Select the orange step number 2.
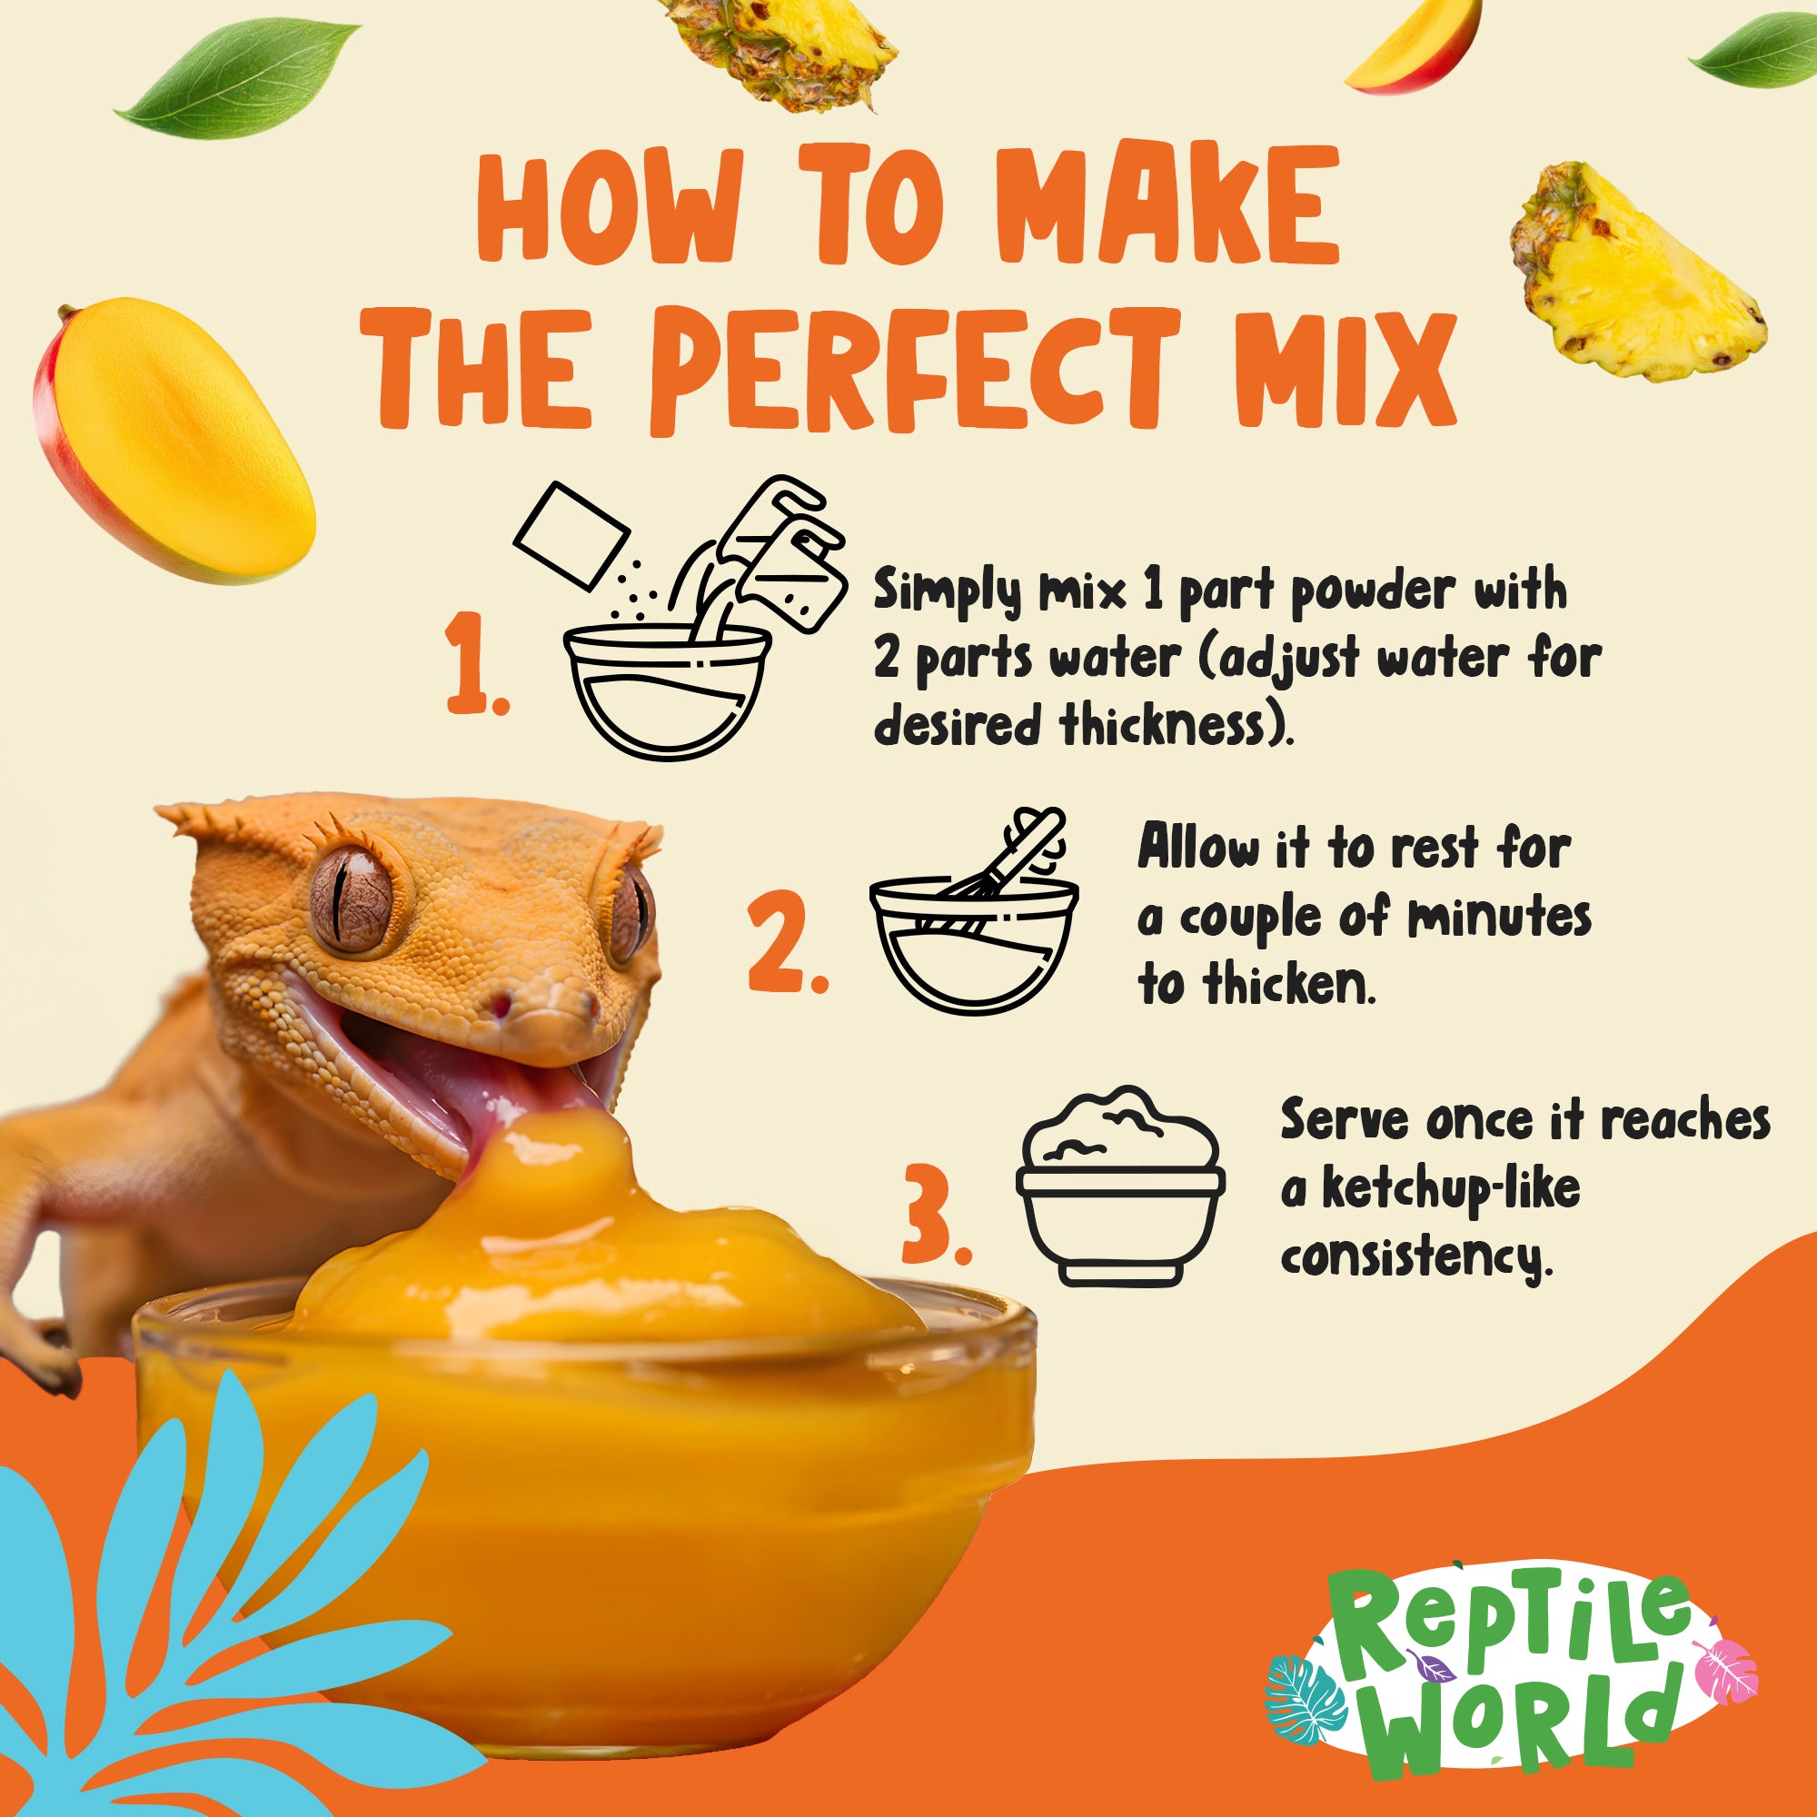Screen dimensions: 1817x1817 787,944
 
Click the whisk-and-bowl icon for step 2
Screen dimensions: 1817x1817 974,912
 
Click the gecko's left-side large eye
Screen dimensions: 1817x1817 351,897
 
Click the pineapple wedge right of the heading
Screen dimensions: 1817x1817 1637,273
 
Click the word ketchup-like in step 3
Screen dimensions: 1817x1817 1451,1188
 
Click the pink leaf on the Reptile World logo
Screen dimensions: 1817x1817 1725,1663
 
